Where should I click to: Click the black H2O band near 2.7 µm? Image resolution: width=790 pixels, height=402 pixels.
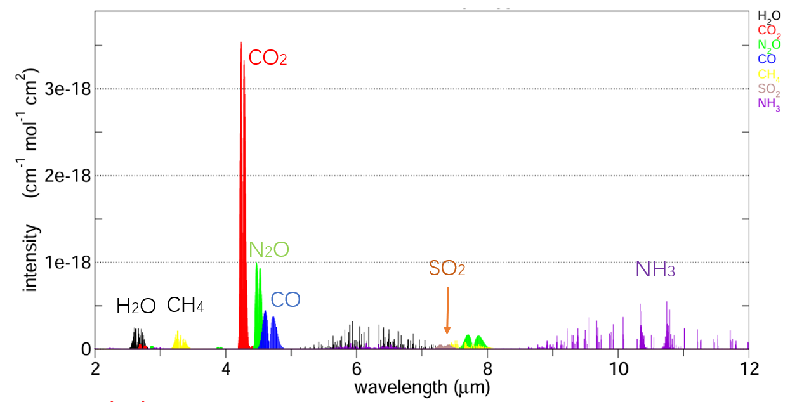[x=138, y=339]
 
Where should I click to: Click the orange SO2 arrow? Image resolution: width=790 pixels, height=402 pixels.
[x=447, y=310]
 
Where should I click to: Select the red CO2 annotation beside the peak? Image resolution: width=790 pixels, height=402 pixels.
[x=268, y=58]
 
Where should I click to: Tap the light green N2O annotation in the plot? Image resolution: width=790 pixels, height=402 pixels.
[x=268, y=249]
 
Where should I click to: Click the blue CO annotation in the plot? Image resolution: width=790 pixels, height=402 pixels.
[x=286, y=300]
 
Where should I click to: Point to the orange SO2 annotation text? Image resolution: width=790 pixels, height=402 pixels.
[x=447, y=269]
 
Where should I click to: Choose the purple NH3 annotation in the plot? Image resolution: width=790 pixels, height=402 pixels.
[x=655, y=270]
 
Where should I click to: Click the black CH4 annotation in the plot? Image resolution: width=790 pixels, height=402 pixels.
[x=185, y=306]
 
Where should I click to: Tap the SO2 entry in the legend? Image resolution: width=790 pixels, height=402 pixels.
[x=769, y=89]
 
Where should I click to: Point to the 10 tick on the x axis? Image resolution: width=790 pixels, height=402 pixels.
[x=617, y=367]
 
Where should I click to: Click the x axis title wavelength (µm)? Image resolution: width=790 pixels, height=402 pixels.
[x=421, y=386]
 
